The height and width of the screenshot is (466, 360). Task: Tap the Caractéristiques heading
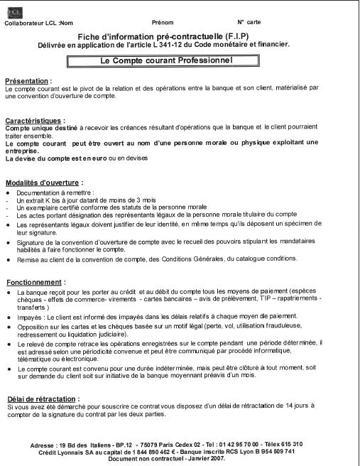pyautogui.click(x=36, y=121)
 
